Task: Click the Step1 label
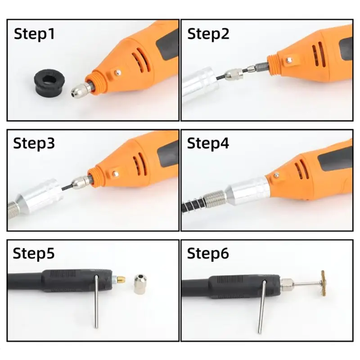click(x=34, y=34)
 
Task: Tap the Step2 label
click(x=208, y=34)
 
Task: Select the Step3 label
click(x=34, y=144)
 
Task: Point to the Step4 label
click(x=208, y=144)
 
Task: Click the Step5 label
click(x=34, y=253)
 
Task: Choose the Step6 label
click(x=208, y=253)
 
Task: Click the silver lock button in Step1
click(x=117, y=72)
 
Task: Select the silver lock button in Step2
click(x=289, y=60)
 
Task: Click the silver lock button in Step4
click(x=276, y=175)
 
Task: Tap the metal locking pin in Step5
click(x=96, y=301)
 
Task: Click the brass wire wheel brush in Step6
click(x=324, y=283)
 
